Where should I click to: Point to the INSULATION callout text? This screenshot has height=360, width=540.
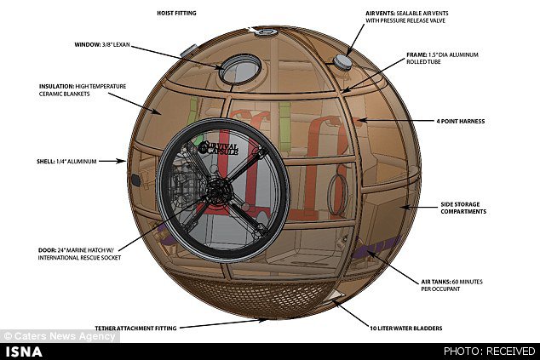pyautogui.click(x=77, y=89)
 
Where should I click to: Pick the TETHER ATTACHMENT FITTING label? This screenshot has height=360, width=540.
pyautogui.click(x=136, y=326)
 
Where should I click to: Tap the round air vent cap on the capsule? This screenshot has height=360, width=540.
pyautogui.click(x=342, y=61)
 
